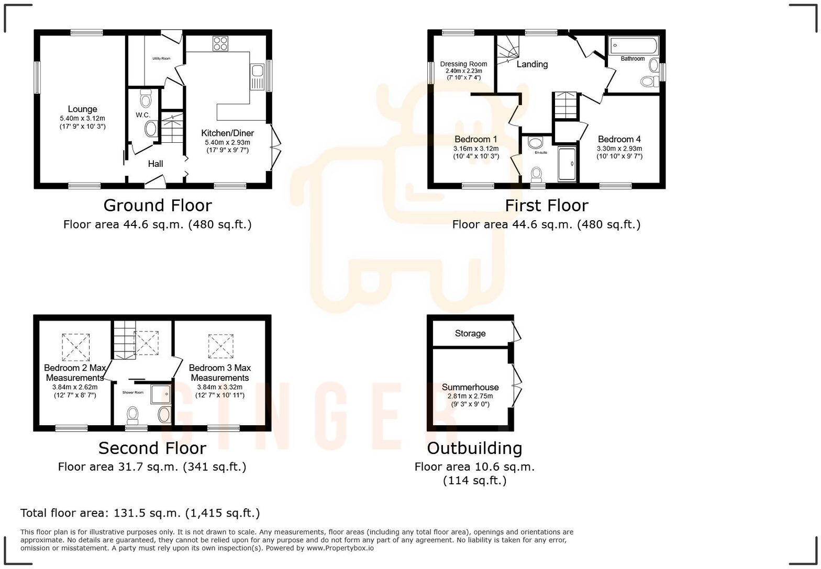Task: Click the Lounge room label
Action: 82,109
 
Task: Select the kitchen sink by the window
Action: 257,76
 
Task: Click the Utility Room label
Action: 161,59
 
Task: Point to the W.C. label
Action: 143,115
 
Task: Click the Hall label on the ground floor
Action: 156,164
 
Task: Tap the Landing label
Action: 532,64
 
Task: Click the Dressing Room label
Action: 463,64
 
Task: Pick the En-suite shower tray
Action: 567,164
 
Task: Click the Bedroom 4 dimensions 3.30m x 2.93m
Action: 619,149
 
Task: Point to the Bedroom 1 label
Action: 475,139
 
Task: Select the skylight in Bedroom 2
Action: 76,347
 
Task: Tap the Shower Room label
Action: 133,392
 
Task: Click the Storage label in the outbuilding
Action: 470,334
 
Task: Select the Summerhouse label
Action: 470,387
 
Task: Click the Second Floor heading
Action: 152,448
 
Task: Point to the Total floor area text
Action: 140,513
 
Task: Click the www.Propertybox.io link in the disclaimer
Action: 340,548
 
